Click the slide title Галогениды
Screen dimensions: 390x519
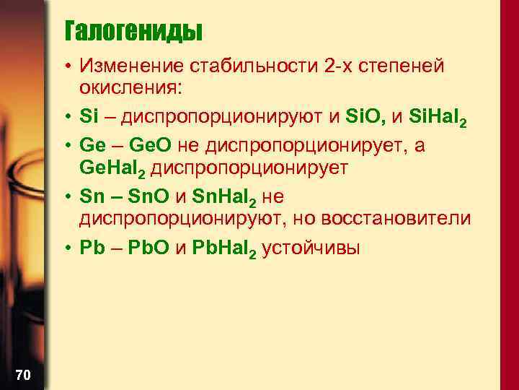pos(133,32)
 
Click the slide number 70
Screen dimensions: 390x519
pos(22,374)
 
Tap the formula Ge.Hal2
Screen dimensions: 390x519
pos(115,169)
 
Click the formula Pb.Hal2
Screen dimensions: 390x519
pos(222,248)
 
